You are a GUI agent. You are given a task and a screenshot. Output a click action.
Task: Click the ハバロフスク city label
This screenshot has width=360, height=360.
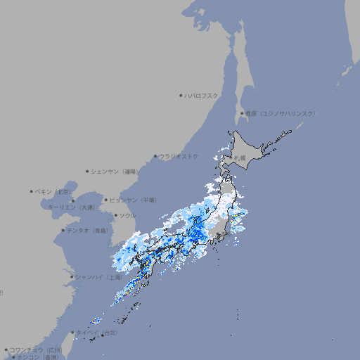[x=202, y=95]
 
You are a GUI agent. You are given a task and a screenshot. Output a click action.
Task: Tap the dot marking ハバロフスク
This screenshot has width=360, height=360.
[x=181, y=95]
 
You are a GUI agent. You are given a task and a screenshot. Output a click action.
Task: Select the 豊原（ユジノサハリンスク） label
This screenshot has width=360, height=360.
[x=280, y=113]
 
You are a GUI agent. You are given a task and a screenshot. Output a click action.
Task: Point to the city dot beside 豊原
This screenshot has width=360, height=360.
[x=242, y=113]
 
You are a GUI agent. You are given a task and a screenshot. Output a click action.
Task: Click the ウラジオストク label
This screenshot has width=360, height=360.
[x=179, y=156]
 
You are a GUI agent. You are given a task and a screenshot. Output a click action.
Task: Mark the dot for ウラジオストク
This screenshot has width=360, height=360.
[x=155, y=156]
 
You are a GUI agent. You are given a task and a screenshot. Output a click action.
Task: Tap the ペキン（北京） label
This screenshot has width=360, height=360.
[x=54, y=191]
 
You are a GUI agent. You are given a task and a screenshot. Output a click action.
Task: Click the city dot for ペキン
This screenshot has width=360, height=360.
[x=32, y=191]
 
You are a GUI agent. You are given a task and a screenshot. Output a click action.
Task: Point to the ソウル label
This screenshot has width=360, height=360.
[x=127, y=215]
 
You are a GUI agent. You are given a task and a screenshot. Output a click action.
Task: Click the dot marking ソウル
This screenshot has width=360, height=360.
[x=115, y=215]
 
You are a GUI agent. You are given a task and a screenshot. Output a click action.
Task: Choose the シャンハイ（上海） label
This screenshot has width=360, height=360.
[x=101, y=276]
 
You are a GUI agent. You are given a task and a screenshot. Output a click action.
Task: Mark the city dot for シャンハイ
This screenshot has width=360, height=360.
[x=72, y=276]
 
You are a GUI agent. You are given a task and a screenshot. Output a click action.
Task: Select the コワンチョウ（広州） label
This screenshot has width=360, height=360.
[x=35, y=349]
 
